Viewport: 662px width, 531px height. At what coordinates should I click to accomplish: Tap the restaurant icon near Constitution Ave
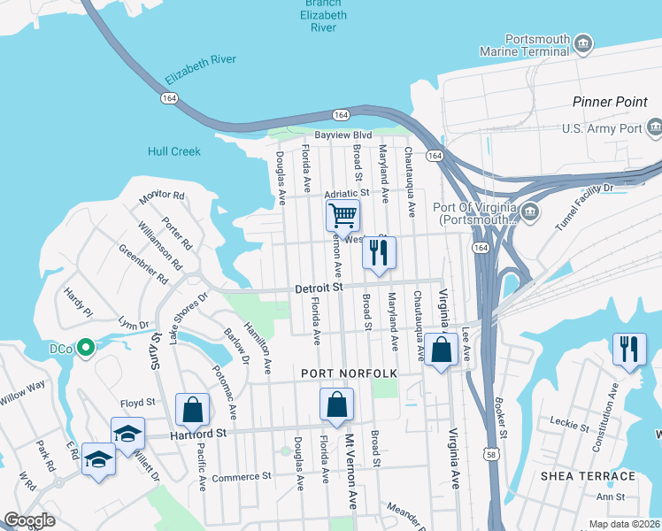click(x=629, y=349)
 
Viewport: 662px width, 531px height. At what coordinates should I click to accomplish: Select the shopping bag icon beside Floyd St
click(x=192, y=411)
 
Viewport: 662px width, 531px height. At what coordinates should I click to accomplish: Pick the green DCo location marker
click(x=85, y=349)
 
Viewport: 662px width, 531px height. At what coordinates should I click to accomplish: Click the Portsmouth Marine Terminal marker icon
click(x=583, y=43)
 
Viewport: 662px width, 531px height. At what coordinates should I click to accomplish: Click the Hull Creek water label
click(x=175, y=151)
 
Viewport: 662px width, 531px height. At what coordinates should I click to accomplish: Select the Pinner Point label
click(x=610, y=103)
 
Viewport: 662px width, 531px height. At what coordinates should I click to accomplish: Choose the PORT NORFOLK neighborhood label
click(x=350, y=373)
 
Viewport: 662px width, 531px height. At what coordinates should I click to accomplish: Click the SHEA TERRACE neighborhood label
click(x=585, y=475)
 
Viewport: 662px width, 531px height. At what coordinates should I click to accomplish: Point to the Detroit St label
click(x=318, y=289)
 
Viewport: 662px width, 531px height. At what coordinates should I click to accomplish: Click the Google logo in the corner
click(x=29, y=519)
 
